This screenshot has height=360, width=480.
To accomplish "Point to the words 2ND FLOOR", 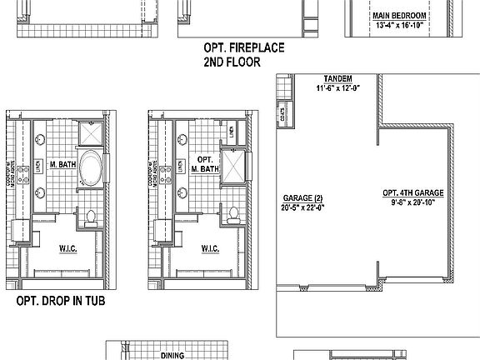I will click(x=232, y=62).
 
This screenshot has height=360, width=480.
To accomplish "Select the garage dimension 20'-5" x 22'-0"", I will click(x=302, y=207).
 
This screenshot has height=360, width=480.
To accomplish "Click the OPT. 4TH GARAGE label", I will click(x=412, y=192).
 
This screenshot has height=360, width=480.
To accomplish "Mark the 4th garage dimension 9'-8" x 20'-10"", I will click(x=412, y=202).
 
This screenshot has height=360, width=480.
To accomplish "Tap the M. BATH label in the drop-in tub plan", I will click(x=63, y=164).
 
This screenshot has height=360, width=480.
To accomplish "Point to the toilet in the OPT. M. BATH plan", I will click(x=232, y=212).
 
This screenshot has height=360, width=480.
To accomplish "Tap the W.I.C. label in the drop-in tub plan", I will click(x=67, y=247).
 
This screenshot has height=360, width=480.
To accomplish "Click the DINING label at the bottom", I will click(x=172, y=355).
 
